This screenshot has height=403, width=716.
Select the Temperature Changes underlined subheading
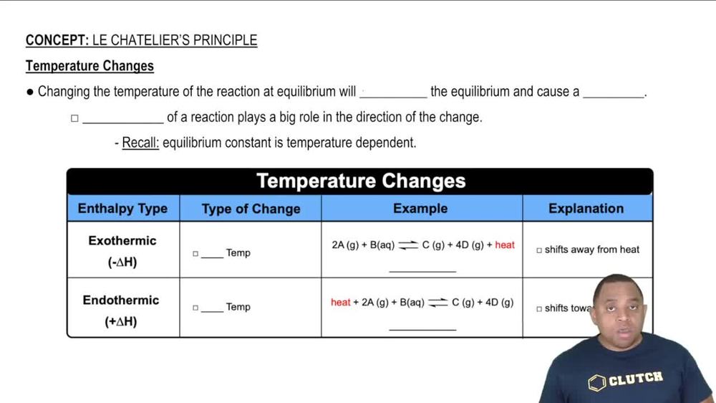click(x=89, y=66)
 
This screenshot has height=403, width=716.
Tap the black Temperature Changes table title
click(x=360, y=181)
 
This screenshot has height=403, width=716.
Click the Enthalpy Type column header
click(x=122, y=209)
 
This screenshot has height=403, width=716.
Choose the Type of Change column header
click(x=251, y=209)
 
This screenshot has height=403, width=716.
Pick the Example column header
click(x=420, y=209)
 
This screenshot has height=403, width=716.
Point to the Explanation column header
click(x=586, y=209)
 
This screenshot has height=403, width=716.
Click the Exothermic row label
click(x=122, y=241)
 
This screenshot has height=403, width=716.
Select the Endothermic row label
click(x=121, y=300)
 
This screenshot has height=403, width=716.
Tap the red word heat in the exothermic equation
click(x=505, y=245)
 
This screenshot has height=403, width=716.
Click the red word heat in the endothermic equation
click(x=341, y=303)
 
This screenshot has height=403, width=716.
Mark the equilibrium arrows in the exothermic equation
click(x=408, y=245)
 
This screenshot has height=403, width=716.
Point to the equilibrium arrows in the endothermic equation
click(x=438, y=303)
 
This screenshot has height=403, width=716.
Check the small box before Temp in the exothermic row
click(x=195, y=253)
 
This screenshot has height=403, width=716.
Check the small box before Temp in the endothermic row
click(x=195, y=308)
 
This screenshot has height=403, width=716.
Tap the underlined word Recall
click(x=140, y=143)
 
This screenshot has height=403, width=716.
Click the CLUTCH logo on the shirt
click(x=626, y=379)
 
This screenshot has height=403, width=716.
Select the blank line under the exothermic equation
click(x=422, y=271)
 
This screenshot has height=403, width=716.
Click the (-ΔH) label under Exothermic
click(x=122, y=262)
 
